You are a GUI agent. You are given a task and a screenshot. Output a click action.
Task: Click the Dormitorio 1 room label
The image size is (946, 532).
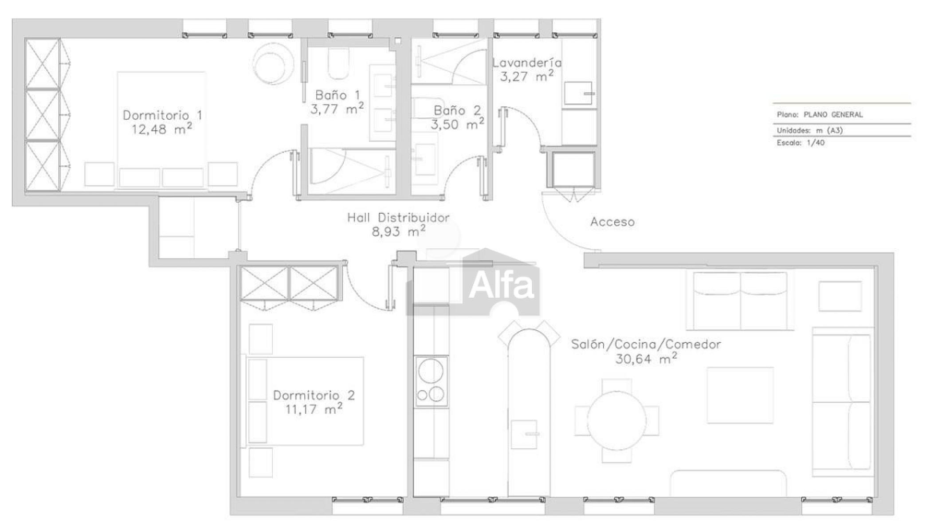(162, 115)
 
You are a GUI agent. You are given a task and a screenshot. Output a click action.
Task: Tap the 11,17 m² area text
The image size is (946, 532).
(314, 409)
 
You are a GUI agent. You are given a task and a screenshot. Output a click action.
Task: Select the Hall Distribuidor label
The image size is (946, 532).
(398, 218)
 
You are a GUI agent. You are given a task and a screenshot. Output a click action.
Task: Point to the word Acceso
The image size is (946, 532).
(612, 222)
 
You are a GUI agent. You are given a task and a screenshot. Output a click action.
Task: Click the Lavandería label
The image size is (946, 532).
(527, 63)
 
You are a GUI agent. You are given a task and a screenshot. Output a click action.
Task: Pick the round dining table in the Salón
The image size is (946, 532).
(616, 421)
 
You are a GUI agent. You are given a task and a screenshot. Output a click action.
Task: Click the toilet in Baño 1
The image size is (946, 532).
(338, 64)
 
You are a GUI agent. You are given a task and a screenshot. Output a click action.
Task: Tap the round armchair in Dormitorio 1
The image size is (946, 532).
(273, 63)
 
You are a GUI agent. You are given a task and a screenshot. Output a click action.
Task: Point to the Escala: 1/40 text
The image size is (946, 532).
(801, 143)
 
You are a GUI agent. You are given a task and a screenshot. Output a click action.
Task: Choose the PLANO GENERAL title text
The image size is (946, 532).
(833, 114)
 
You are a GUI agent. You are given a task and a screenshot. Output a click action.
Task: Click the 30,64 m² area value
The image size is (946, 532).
(646, 358)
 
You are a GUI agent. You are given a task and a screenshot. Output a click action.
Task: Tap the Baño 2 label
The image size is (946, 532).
(457, 110)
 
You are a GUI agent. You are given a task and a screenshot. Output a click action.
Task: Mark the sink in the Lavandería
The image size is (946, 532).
(578, 93)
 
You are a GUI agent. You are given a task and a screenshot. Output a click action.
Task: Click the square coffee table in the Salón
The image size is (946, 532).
(740, 395)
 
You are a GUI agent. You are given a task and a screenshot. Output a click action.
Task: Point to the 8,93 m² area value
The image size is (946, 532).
(399, 231)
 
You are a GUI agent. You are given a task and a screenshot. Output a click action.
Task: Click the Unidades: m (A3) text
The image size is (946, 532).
(810, 130)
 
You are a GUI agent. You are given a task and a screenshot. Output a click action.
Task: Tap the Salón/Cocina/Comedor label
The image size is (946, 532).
(646, 344)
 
